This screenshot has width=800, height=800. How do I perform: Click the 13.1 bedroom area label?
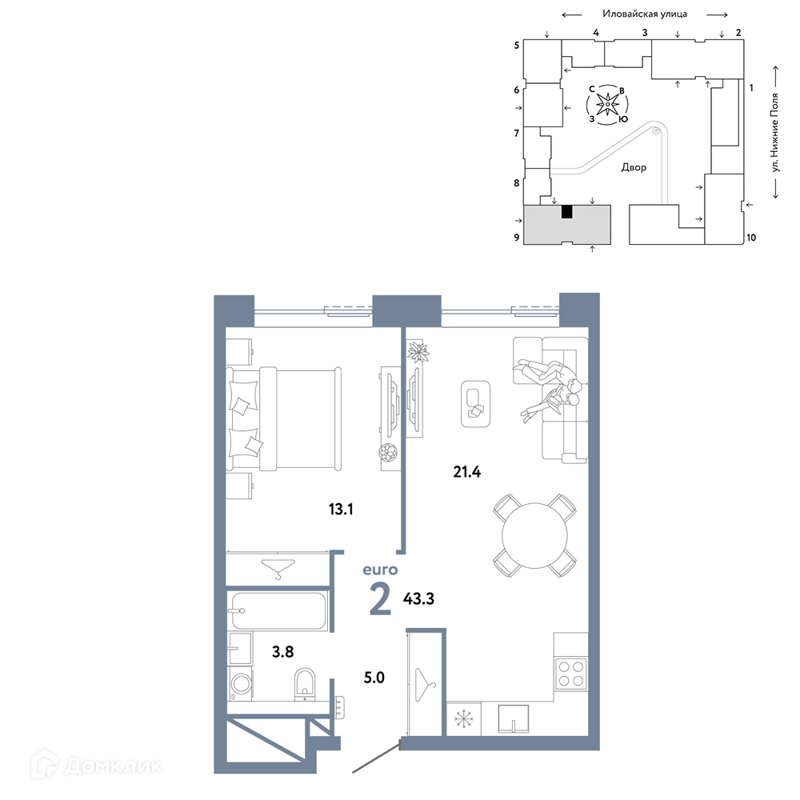pyautogui.click(x=341, y=509)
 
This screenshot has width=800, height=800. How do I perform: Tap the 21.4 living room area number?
pyautogui.click(x=467, y=472)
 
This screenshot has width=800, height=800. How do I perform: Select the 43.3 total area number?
pyautogui.click(x=419, y=598)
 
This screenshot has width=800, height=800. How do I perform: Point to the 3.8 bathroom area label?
pyautogui.click(x=282, y=651)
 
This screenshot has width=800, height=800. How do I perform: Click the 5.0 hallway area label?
pyautogui.click(x=374, y=678)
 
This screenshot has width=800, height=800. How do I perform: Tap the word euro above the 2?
pyautogui.click(x=380, y=570)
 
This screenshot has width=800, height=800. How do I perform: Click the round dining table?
pyautogui.click(x=534, y=536)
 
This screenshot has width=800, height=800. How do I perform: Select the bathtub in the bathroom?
pyautogui.click(x=278, y=610)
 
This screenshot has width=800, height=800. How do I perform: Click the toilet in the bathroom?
pyautogui.click(x=305, y=684)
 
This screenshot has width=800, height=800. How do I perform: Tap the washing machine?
pyautogui.click(x=240, y=683)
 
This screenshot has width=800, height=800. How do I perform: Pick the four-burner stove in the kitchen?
pyautogui.click(x=571, y=674)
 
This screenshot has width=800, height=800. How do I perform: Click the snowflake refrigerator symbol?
pyautogui.click(x=464, y=719)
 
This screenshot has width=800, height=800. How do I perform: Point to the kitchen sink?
pyautogui.click(x=514, y=719)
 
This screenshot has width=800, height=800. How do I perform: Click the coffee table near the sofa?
pyautogui.click(x=475, y=403)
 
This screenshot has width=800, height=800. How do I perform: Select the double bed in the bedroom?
pyautogui.click(x=284, y=419)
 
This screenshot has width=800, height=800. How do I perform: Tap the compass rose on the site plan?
pyautogui.click(x=607, y=105)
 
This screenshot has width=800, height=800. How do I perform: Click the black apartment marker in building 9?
pyautogui.click(x=567, y=212)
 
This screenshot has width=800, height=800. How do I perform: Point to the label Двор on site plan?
pyautogui.click(x=634, y=167)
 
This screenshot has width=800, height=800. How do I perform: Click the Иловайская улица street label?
pyautogui.click(x=645, y=14)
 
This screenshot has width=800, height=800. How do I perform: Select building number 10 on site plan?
pyautogui.click(x=751, y=238)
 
